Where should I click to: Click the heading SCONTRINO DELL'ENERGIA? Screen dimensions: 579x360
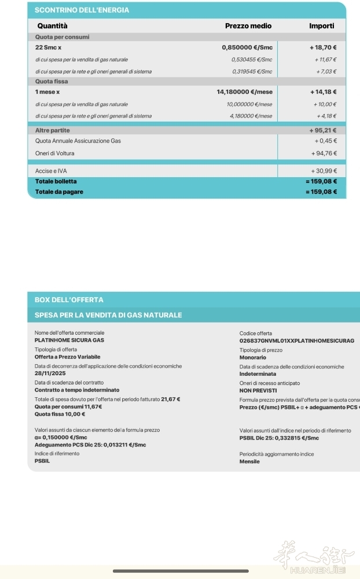pos(82,10)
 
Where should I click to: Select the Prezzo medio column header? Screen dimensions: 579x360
pos(248,26)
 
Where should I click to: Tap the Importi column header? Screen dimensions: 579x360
pos(321,26)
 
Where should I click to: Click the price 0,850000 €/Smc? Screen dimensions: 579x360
pos(247,47)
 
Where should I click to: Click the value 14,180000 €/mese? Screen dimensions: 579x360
pos(244,92)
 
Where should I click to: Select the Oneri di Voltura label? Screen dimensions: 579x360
pos(54,153)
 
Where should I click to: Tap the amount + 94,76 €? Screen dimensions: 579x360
pos(324,153)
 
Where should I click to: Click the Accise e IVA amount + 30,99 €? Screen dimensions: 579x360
pos(324,171)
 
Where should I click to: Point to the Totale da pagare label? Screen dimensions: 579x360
pos(59,192)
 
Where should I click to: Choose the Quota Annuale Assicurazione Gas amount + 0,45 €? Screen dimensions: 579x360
pos(325,141)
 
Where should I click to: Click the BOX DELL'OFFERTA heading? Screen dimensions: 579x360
pos(69,300)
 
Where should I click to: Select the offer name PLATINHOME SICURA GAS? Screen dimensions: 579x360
pos(69,340)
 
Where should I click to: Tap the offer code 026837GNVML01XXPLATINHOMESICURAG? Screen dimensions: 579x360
pos(296,341)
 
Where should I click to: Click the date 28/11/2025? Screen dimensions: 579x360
pos(50,373)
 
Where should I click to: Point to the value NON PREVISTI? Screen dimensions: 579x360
pos(258,390)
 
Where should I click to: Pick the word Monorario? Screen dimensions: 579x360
pos(253,357)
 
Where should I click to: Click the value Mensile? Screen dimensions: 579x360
pos(249,461)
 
